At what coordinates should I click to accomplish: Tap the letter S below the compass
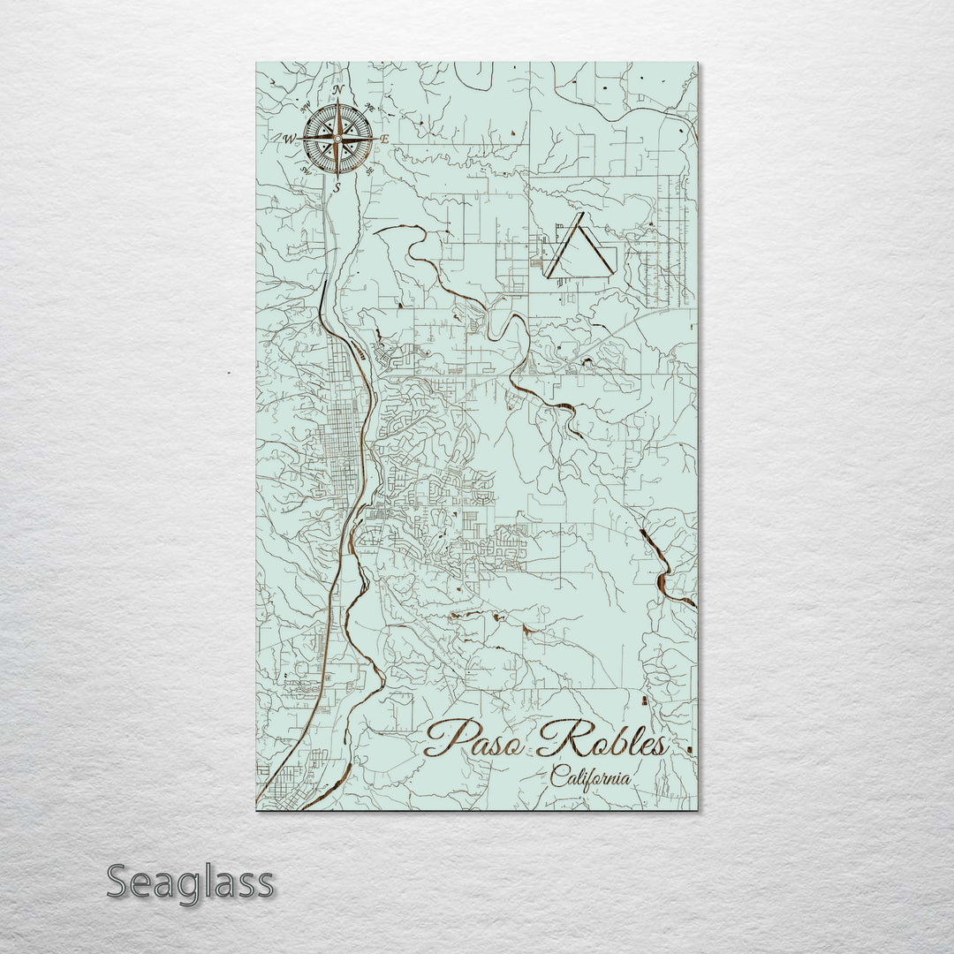[336, 187]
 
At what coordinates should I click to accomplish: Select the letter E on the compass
[384, 140]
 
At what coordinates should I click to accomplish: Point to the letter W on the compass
[288, 139]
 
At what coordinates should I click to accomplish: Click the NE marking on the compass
[370, 109]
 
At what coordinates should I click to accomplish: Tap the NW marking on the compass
[306, 108]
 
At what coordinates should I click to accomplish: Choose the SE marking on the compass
[369, 170]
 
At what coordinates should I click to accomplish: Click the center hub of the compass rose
[337, 139]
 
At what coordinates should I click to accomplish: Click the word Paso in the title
[477, 740]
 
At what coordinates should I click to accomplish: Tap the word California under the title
[590, 778]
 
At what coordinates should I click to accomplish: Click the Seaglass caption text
[190, 882]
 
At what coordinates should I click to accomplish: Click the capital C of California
[558, 777]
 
